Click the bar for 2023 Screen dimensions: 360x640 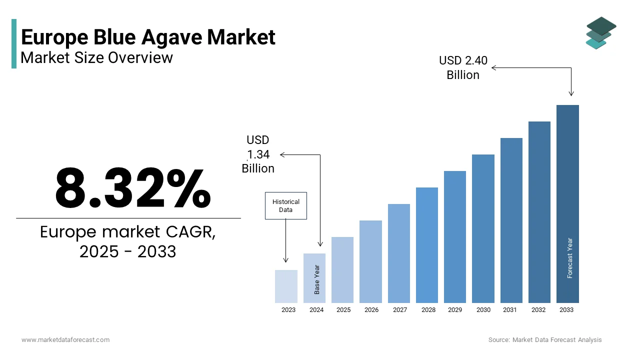click(286, 286)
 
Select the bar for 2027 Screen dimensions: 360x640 click(398, 253)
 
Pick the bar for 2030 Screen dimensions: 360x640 click(483, 228)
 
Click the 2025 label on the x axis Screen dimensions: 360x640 click(343, 310)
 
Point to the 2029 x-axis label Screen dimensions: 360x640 click(455, 310)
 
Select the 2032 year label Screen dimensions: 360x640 click(538, 310)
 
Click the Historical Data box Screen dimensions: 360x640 click(285, 206)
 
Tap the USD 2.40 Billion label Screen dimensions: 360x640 click(463, 67)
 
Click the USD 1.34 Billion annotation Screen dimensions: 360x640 click(258, 154)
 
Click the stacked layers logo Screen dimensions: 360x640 click(600, 33)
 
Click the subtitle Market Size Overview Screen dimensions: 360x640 click(96, 57)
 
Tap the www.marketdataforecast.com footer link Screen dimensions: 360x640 click(65, 340)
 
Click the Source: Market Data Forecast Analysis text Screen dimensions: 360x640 click(545, 340)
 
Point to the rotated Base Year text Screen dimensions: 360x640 click(316, 279)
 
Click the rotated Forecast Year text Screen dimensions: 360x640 click(569, 258)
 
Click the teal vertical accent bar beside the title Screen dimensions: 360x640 click(14, 43)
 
